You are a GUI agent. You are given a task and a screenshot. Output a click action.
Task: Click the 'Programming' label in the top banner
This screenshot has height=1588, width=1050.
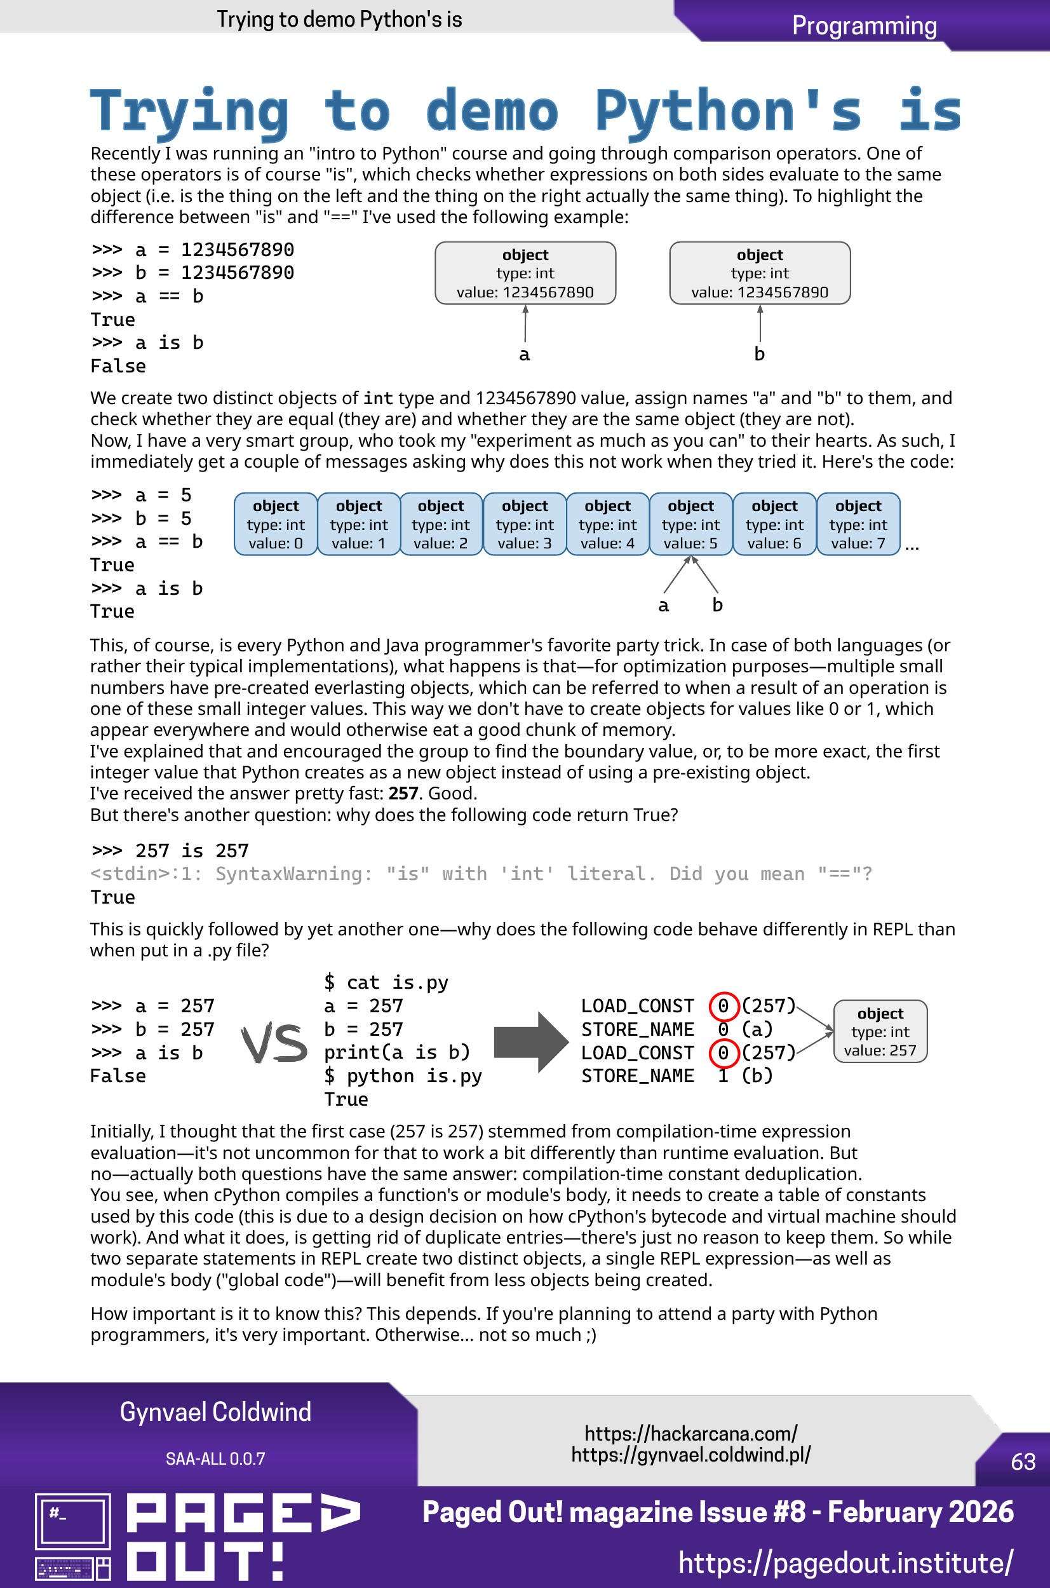[x=864, y=26]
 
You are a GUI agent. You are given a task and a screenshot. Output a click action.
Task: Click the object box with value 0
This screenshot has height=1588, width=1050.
[x=275, y=524]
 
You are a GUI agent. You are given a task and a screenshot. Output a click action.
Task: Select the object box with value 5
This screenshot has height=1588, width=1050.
[x=690, y=524]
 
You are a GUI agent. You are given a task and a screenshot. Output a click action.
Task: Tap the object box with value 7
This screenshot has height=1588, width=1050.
[x=858, y=524]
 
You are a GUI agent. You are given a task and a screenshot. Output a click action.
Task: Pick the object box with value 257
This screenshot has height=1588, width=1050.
[x=880, y=1031]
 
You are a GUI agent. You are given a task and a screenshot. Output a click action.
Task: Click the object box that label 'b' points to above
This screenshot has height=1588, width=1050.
[x=759, y=273]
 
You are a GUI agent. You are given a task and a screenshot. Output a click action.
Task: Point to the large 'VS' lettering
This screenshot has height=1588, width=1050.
[x=274, y=1043]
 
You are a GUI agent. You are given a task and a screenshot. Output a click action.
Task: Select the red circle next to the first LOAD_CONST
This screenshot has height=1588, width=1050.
[x=724, y=1005]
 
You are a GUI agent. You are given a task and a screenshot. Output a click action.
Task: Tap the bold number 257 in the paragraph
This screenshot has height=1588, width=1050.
[x=403, y=794]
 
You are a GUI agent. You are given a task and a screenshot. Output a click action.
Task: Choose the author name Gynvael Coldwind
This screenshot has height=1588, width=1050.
[x=215, y=1412]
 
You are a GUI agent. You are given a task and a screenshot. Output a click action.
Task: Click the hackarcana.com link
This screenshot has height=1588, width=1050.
[x=690, y=1434]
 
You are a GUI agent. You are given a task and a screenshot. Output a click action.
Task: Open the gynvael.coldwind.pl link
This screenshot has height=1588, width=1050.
[x=690, y=1455]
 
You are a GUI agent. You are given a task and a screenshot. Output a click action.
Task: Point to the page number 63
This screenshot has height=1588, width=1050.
[x=1023, y=1462]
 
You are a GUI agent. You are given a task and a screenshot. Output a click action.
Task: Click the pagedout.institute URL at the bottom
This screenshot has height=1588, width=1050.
[x=845, y=1563]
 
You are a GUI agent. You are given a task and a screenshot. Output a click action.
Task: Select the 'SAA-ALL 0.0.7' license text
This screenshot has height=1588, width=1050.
[x=215, y=1459]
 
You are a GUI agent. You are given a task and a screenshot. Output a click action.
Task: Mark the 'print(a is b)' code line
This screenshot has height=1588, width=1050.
[x=396, y=1053]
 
